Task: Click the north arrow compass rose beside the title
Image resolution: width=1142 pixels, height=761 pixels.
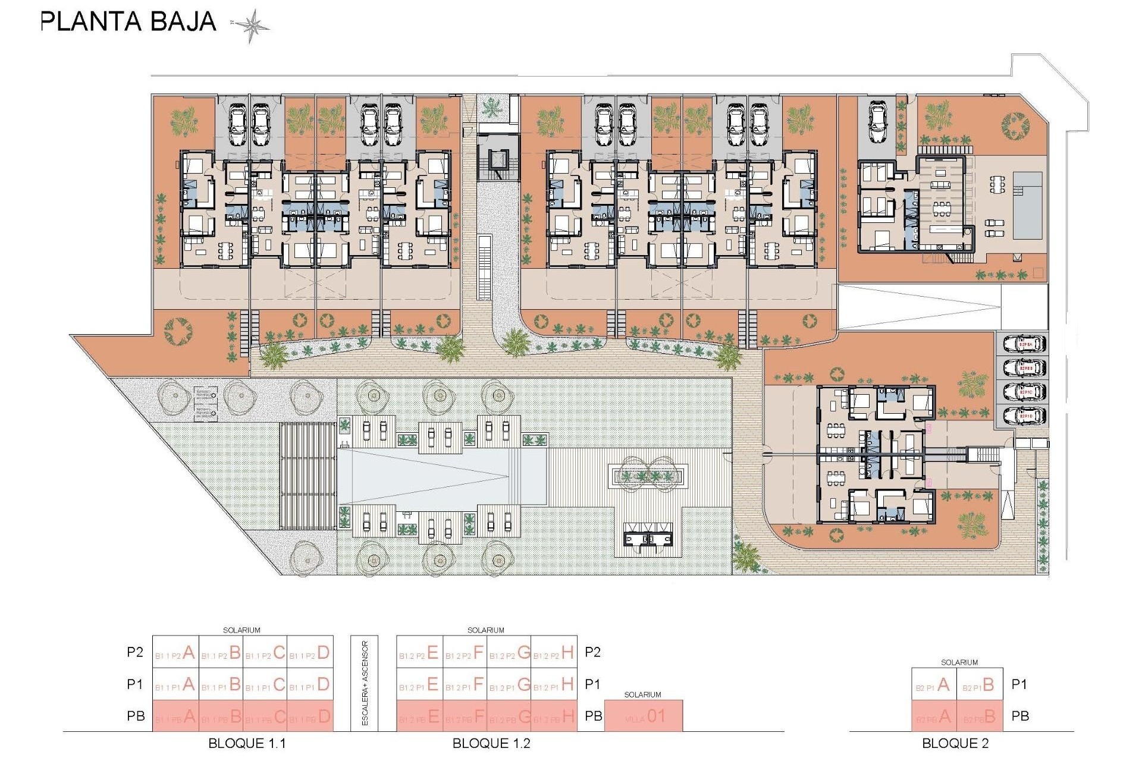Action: (x=250, y=26)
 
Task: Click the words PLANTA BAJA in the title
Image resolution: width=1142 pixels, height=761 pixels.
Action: (x=128, y=22)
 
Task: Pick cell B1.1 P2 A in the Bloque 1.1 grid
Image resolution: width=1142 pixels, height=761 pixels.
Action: (x=175, y=653)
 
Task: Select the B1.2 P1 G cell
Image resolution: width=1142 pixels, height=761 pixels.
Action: (x=509, y=685)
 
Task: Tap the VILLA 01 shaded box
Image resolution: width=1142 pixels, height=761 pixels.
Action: (x=644, y=716)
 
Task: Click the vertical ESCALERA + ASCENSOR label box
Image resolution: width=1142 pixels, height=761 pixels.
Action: (x=365, y=683)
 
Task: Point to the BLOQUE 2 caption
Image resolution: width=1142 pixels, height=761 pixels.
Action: (x=955, y=744)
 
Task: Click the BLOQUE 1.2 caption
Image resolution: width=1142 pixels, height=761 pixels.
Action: (x=491, y=744)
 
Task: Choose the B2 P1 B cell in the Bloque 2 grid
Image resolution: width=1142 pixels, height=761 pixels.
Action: (x=979, y=685)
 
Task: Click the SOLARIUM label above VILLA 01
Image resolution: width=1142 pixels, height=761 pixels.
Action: (x=642, y=694)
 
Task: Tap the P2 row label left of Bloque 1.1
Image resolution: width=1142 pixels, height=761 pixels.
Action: (x=135, y=652)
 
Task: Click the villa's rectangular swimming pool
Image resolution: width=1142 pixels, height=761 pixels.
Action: (x=1027, y=205)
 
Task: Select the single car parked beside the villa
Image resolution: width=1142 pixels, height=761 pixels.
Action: (x=878, y=122)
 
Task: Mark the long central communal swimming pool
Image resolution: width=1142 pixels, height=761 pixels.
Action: (x=442, y=476)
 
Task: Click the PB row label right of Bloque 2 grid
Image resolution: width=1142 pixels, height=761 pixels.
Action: (x=1020, y=716)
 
